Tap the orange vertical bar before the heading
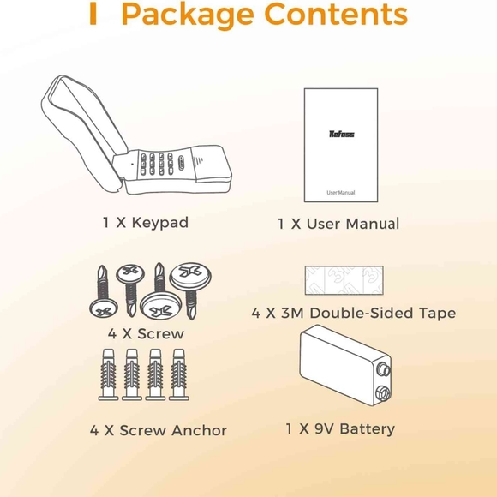(x=93, y=15)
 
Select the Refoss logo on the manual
(x=342, y=133)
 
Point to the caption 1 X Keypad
(x=145, y=223)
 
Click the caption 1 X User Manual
(x=338, y=224)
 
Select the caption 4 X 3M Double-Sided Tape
(x=354, y=314)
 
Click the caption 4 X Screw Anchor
(x=159, y=430)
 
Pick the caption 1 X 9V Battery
(x=340, y=428)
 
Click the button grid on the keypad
(x=158, y=165)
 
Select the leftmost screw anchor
(x=110, y=374)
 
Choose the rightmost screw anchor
(x=178, y=374)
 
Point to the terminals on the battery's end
(x=382, y=381)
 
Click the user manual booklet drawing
(x=341, y=144)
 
